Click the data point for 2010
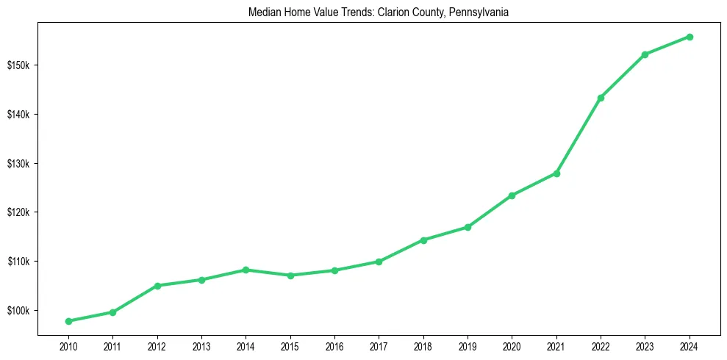pos(68,321)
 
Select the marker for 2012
pos(157,286)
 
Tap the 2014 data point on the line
pos(246,270)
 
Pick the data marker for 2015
pos(290,276)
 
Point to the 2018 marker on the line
pos(423,240)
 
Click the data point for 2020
pos(512,195)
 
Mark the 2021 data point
pos(556,173)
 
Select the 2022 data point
pos(601,98)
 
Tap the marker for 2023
pos(645,54)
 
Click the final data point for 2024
pos(690,37)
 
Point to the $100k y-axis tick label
pos(18,310)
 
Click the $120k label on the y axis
pos(18,212)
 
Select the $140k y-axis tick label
pos(18,115)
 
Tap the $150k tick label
pos(18,65)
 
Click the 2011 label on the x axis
pos(112,345)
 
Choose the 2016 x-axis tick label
pos(334,345)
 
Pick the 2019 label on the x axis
pos(468,345)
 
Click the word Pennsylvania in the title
pos(484,12)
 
